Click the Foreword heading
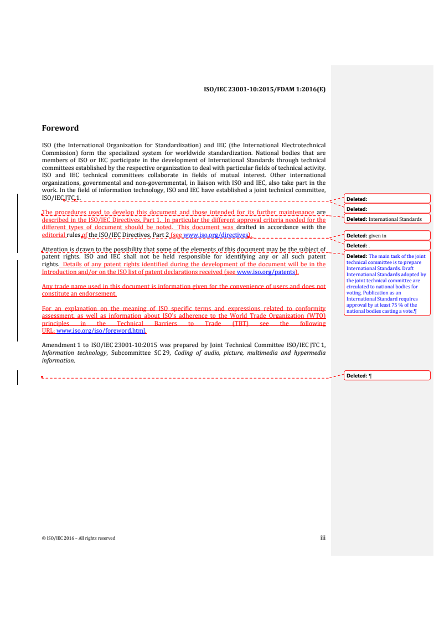click(x=60, y=128)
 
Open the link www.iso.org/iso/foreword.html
click(x=101, y=331)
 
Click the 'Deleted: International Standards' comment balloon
click(x=387, y=219)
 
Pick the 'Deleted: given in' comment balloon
click(x=387, y=236)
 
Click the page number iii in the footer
click(x=323, y=537)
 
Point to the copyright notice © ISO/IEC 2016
click(x=79, y=538)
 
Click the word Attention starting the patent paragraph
click(x=58, y=250)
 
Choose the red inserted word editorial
click(x=54, y=235)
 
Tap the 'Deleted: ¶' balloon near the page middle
click(x=387, y=376)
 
